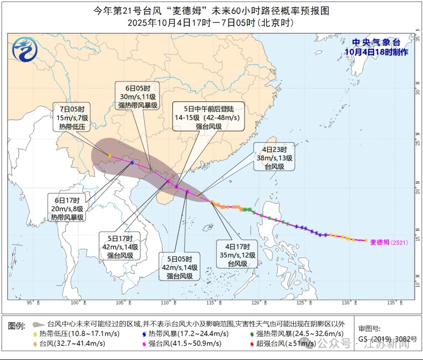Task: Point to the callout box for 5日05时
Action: (x=179, y=267)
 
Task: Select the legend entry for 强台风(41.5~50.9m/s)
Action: (x=173, y=343)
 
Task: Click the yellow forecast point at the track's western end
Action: (x=109, y=155)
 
